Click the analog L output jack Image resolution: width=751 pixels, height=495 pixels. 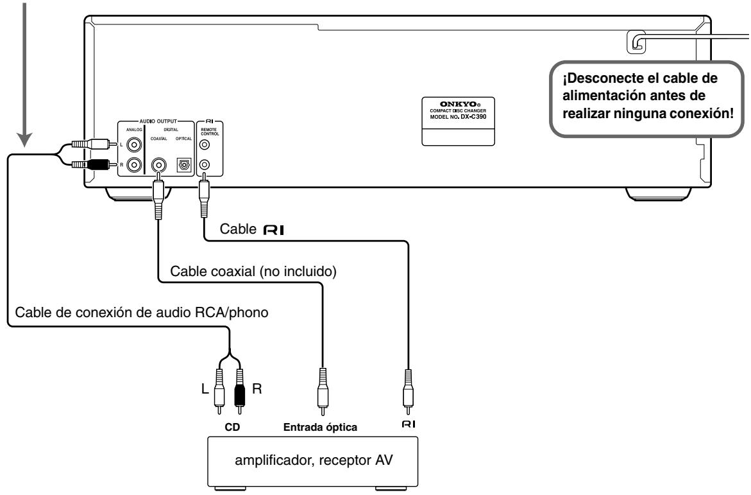(x=133, y=144)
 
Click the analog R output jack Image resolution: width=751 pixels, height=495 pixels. (x=133, y=164)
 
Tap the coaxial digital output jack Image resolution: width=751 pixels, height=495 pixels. (x=158, y=165)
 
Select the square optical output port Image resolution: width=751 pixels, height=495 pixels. (x=184, y=165)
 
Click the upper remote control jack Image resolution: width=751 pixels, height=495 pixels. (x=205, y=144)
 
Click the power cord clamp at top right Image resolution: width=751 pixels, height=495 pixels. (x=637, y=42)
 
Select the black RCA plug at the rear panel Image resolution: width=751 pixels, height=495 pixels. (x=90, y=164)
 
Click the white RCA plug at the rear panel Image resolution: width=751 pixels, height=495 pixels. (x=90, y=143)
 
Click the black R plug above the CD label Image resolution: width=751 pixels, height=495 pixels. (x=239, y=392)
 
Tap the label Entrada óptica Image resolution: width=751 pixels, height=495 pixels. (x=320, y=427)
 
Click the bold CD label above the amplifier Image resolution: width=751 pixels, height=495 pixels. (x=232, y=427)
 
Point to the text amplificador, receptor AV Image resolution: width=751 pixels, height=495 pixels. (x=314, y=460)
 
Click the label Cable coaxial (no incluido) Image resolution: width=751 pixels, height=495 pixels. (x=253, y=272)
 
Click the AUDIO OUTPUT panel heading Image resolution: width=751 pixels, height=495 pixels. (x=158, y=121)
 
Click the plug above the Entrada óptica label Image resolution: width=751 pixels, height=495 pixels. (x=323, y=392)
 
